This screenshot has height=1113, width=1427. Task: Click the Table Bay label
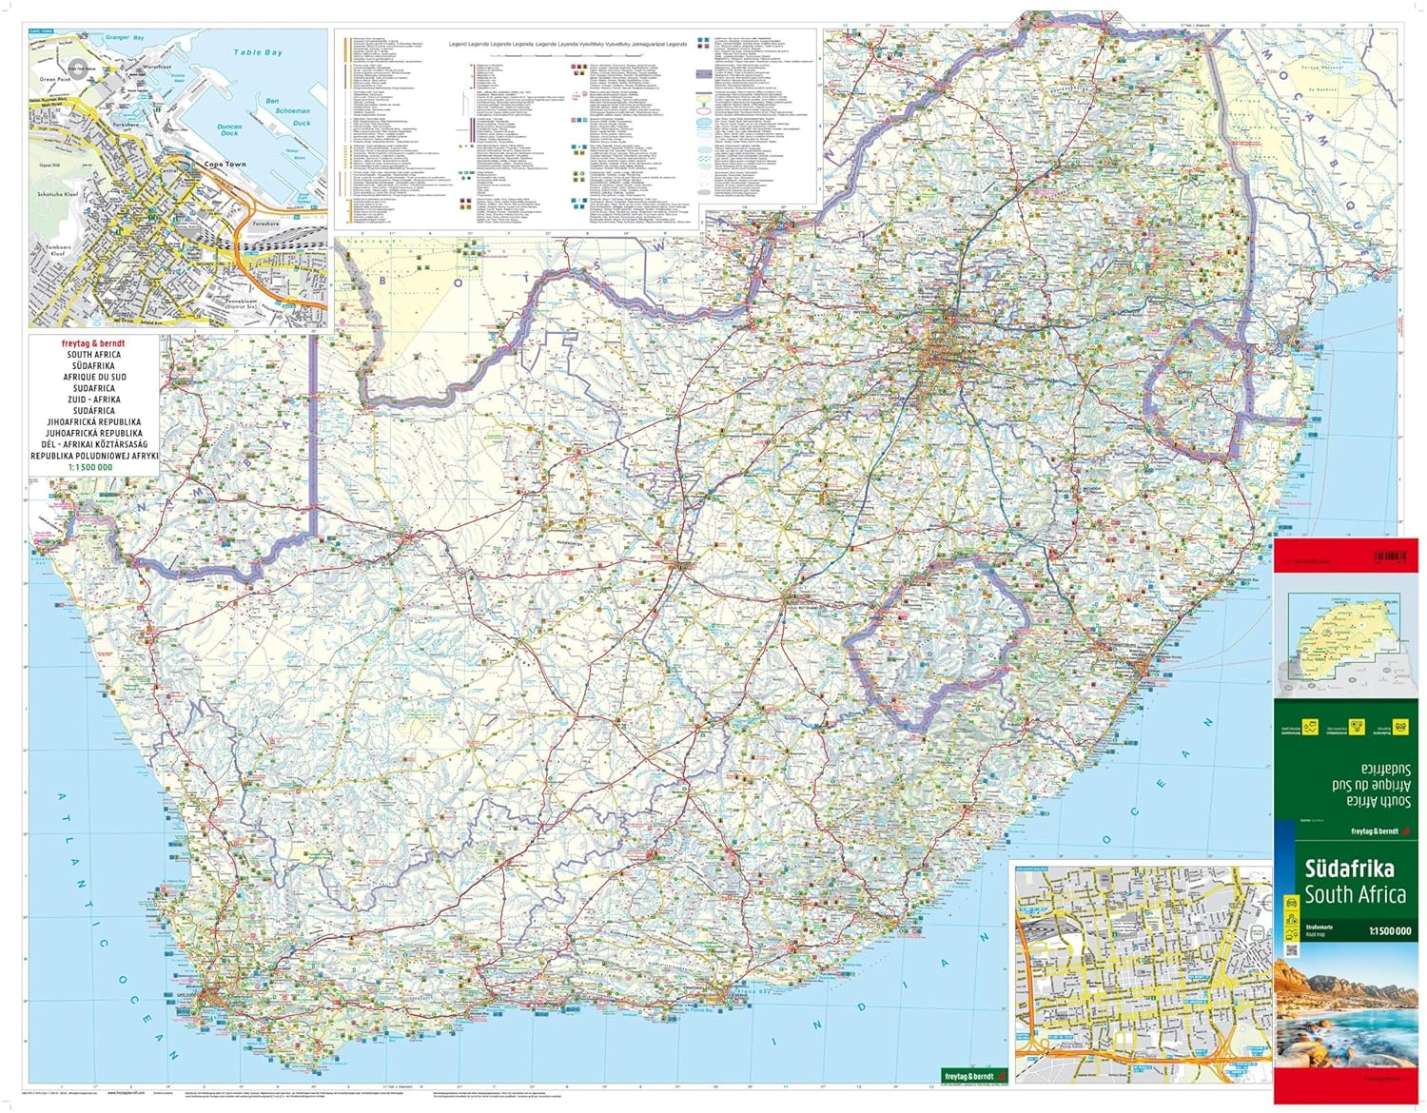coord(258,52)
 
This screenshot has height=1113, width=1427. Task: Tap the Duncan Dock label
coord(229,129)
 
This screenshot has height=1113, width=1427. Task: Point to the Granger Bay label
coord(124,37)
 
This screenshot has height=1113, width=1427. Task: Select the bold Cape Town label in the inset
coord(225,165)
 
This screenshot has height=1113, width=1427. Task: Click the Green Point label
coord(55,79)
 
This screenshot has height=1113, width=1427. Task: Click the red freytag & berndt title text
coord(93,343)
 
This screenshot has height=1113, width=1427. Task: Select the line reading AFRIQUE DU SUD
coord(93,377)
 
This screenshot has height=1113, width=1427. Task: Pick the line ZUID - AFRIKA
coord(93,400)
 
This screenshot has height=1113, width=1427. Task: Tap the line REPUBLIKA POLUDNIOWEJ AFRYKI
coord(93,456)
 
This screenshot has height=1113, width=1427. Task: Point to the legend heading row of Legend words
coord(568,45)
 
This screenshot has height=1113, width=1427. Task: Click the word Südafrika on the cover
coord(1349,869)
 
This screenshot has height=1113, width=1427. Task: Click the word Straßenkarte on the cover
coord(1319,926)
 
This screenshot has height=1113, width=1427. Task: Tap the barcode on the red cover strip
coord(1390,556)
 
